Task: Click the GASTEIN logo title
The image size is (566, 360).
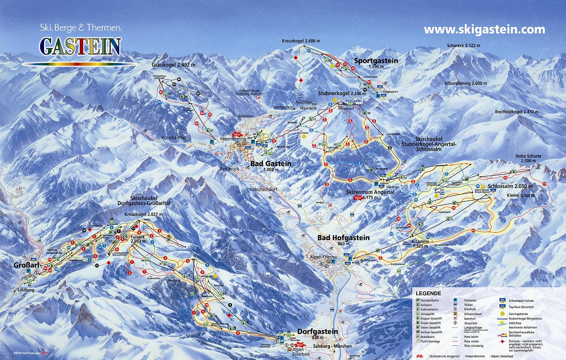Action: pyautogui.click(x=80, y=46)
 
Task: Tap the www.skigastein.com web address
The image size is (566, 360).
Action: pyautogui.click(x=484, y=30)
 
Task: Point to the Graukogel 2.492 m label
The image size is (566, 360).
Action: pyautogui.click(x=173, y=65)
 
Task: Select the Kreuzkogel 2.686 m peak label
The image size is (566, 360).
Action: pyautogui.click(x=301, y=41)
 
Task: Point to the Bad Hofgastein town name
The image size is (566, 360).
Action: pyautogui.click(x=344, y=238)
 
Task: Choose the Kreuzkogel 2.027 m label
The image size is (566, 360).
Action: pyautogui.click(x=144, y=214)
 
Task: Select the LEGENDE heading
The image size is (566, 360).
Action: pyautogui.click(x=428, y=293)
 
